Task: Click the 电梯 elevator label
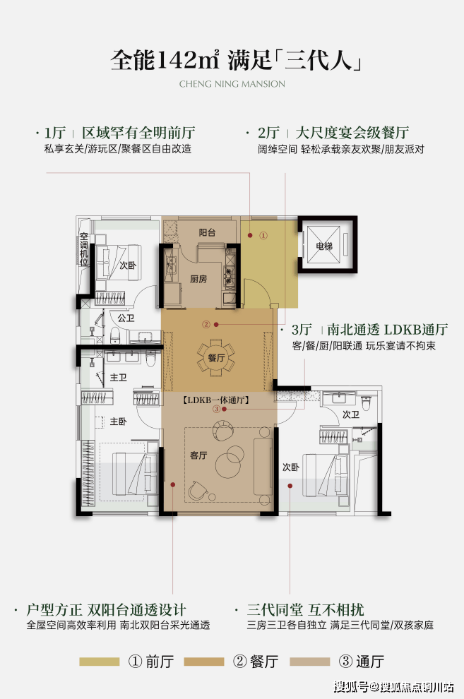tap(324, 246)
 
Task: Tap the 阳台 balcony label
tap(207, 232)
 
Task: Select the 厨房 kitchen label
tap(198, 279)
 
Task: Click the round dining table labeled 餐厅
tap(215, 357)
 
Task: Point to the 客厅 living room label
tap(198, 455)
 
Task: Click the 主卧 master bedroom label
tap(118, 422)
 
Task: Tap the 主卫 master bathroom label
tap(118, 378)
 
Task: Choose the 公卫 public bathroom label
tap(126, 318)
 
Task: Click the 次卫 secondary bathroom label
tap(351, 414)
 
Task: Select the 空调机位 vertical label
tap(84, 249)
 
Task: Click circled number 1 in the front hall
tap(263, 235)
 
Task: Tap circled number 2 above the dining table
tap(206, 325)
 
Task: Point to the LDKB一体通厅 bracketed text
tap(215, 400)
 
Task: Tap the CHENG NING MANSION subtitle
tap(232, 84)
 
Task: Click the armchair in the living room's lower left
tap(198, 491)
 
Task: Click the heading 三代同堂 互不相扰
tap(306, 609)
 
